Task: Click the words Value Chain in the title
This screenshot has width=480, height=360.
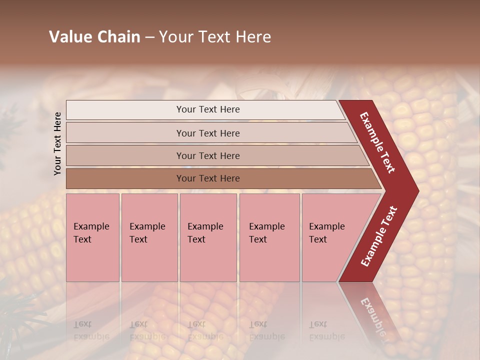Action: pos(94,37)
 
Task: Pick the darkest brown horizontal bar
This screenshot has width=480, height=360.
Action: pos(125,178)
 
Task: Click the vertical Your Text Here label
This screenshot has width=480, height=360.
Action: pos(58,143)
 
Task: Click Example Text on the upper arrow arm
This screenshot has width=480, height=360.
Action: pos(377,142)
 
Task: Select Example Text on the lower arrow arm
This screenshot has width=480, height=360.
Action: pos(379,236)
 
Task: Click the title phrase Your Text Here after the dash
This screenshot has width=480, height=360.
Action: pos(215,37)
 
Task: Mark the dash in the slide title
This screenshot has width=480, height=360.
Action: pos(149,37)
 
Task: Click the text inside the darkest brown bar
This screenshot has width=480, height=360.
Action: pos(208,178)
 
